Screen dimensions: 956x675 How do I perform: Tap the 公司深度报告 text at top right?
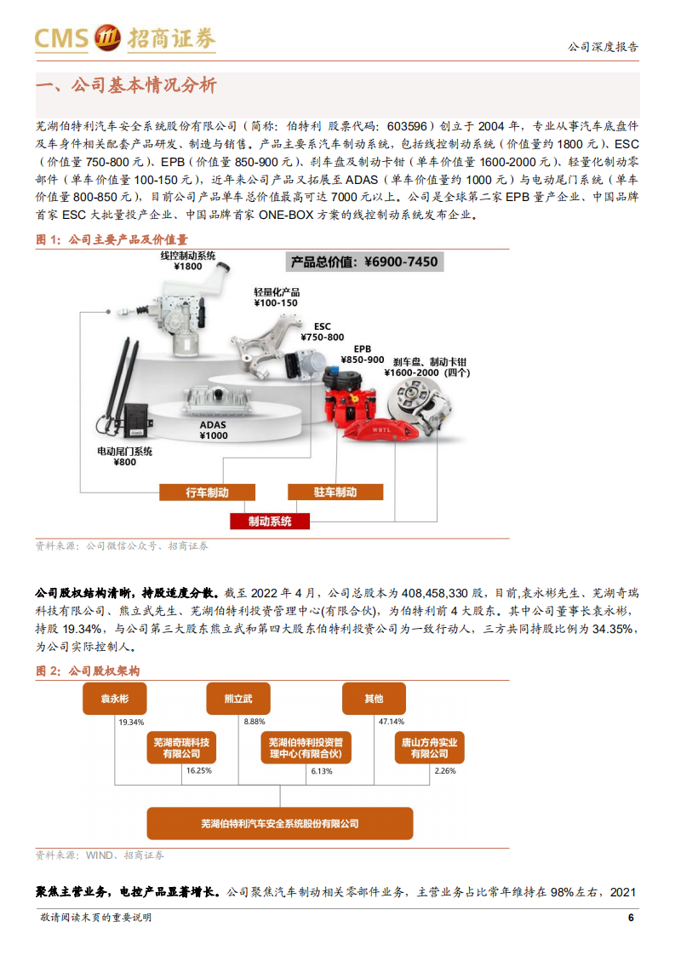tap(603, 47)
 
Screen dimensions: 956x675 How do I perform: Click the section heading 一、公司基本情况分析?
tap(125, 85)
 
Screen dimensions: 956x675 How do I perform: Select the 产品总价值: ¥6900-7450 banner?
tap(364, 262)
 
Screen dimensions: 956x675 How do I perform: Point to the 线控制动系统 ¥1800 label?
tap(188, 261)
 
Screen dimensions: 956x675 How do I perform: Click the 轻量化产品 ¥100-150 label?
tap(277, 297)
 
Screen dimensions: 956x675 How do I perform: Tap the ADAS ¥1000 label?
tap(214, 429)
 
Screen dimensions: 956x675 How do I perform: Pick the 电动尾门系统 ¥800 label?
tap(124, 456)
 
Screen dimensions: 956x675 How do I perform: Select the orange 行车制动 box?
tap(207, 492)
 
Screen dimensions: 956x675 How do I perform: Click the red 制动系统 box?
tap(270, 521)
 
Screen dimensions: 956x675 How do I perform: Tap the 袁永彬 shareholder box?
tap(114, 699)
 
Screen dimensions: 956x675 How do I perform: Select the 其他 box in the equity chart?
tap(374, 699)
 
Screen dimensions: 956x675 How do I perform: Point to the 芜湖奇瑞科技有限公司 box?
tap(179, 748)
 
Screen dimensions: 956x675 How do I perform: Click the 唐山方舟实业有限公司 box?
tap(429, 748)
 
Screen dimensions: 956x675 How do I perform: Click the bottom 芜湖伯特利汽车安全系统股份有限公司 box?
tap(279, 823)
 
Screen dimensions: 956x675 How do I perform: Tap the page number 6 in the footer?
tap(630, 918)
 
